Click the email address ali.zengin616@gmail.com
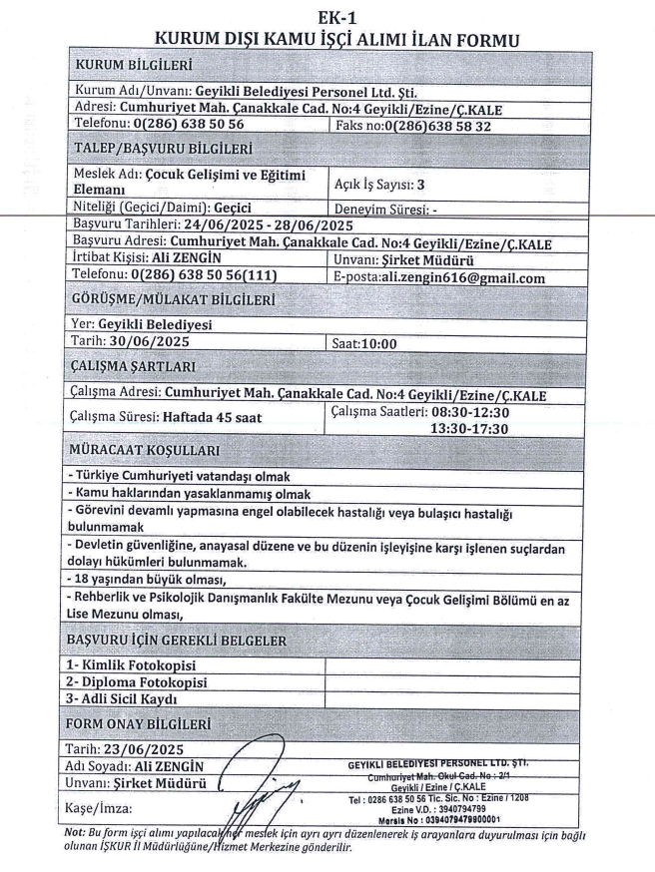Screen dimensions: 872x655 473,278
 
